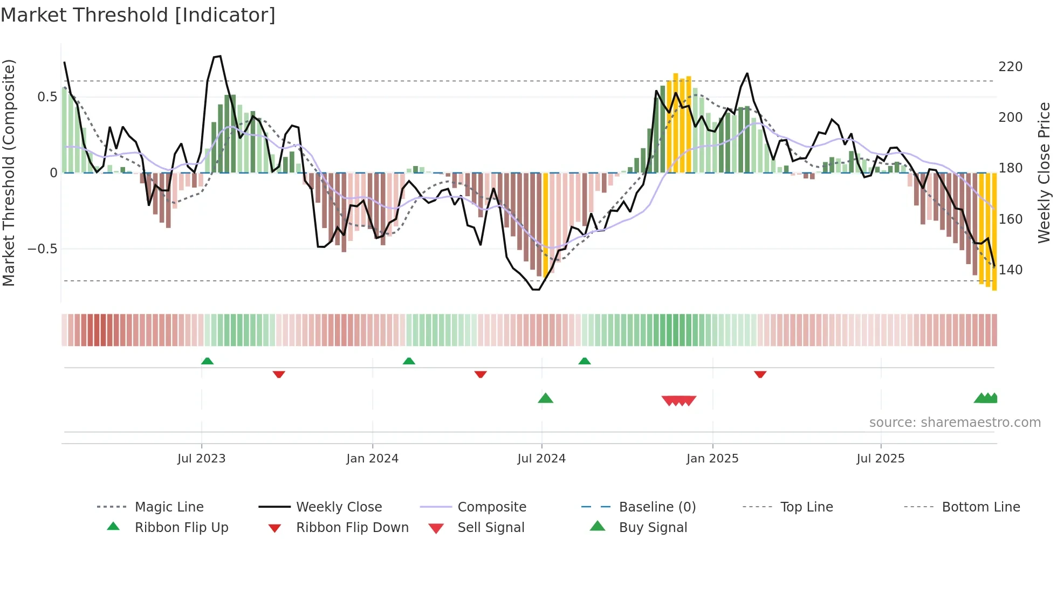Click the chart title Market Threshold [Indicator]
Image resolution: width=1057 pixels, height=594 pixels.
click(x=138, y=15)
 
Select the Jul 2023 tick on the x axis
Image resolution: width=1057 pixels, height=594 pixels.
click(x=201, y=459)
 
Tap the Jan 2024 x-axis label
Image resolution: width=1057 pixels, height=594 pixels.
click(x=372, y=459)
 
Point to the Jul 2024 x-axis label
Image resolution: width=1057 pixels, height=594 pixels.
click(x=541, y=459)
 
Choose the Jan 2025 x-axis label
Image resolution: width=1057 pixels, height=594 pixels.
click(x=712, y=459)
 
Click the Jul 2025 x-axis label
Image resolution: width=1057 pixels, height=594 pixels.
click(x=881, y=459)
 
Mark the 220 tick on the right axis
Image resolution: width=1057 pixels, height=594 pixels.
click(x=1010, y=67)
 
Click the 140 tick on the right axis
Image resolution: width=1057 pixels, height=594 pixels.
click(x=1010, y=270)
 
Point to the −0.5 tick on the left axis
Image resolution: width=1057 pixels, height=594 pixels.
click(x=43, y=249)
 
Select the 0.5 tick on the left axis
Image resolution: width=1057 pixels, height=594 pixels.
click(x=47, y=97)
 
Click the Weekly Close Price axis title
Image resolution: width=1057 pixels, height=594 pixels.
click(x=1044, y=172)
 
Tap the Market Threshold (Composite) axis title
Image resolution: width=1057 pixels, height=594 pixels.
click(x=9, y=172)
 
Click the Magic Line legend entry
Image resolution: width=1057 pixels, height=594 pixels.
click(x=169, y=507)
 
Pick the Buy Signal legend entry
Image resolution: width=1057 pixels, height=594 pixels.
click(x=653, y=528)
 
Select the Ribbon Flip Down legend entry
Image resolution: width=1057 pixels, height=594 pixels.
click(x=352, y=528)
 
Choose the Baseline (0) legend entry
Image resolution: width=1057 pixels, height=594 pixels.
click(x=657, y=507)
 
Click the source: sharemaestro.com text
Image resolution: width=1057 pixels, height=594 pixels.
click(x=955, y=423)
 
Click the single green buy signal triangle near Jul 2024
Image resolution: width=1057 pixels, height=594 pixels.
click(x=545, y=398)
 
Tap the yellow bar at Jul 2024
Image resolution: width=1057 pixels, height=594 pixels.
click(x=545, y=224)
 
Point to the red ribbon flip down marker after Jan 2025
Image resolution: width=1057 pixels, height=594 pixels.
click(x=760, y=374)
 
